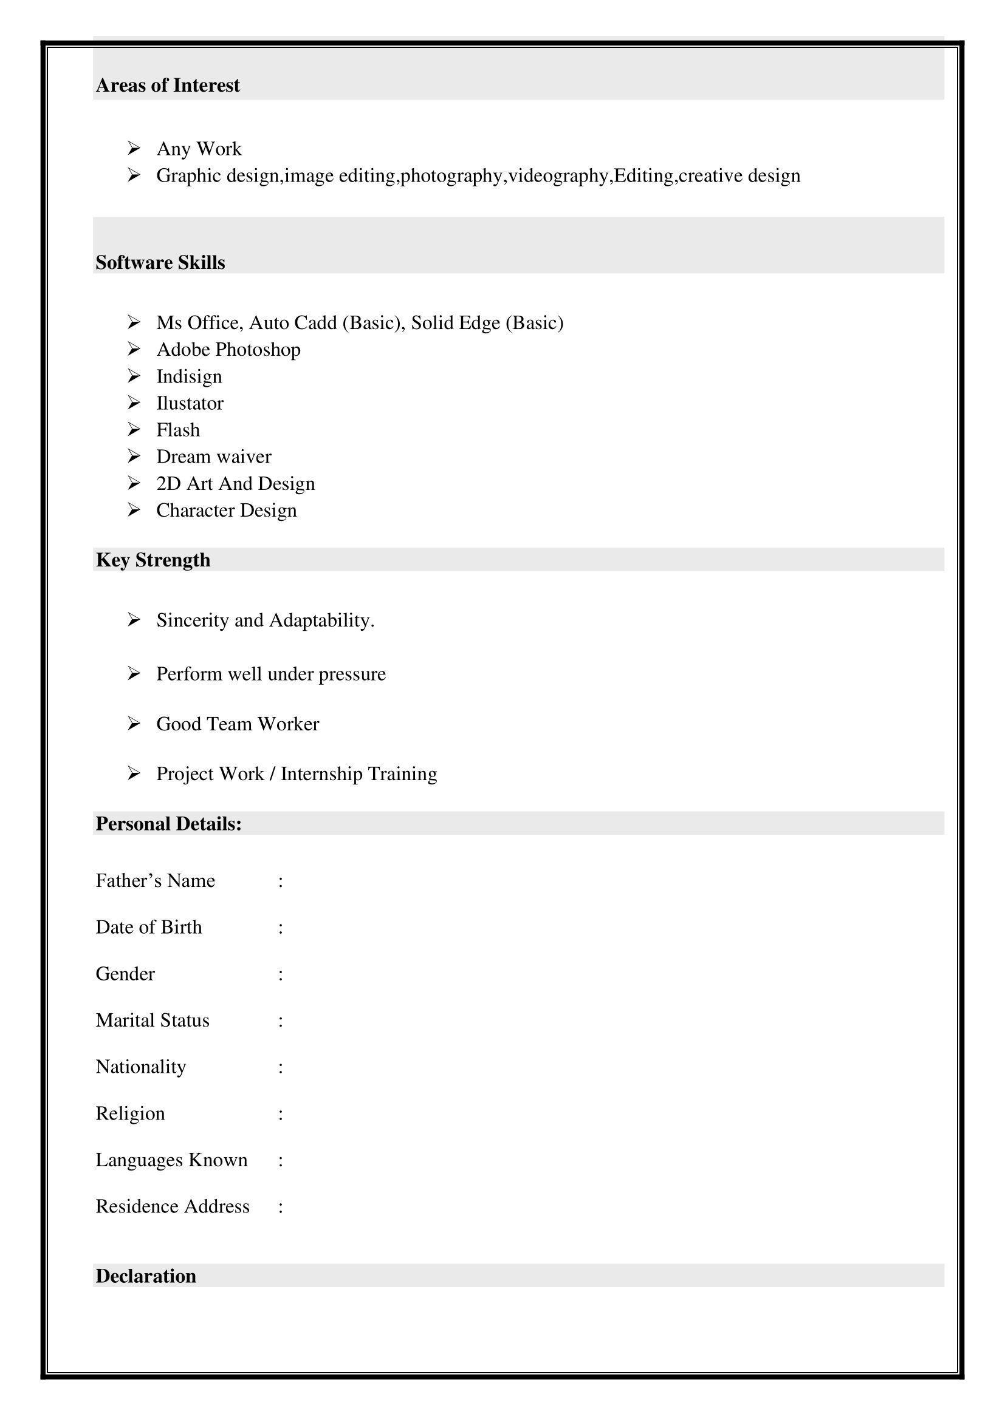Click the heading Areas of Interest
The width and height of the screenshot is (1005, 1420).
click(x=168, y=86)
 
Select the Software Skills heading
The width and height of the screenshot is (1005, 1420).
click(x=160, y=263)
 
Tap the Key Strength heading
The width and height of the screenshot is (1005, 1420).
click(x=153, y=560)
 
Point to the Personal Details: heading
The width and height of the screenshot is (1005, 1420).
click(x=168, y=824)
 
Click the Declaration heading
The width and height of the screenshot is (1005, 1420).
click(x=146, y=1276)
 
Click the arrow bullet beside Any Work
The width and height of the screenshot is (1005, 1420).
click(x=134, y=148)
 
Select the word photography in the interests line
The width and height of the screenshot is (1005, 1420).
click(x=451, y=176)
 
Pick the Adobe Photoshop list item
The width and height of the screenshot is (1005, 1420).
click(x=228, y=350)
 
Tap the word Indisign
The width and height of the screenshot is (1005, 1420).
click(x=189, y=376)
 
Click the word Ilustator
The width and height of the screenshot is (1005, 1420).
click(x=190, y=403)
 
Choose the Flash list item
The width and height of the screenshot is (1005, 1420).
click(x=177, y=430)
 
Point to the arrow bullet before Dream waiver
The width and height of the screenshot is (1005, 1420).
click(x=134, y=457)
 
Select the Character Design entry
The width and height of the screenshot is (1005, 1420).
click(x=227, y=510)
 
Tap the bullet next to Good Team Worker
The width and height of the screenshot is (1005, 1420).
click(x=134, y=724)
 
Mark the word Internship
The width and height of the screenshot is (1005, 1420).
click(x=321, y=773)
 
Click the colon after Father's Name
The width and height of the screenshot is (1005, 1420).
click(x=281, y=882)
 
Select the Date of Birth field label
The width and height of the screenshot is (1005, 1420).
click(x=148, y=927)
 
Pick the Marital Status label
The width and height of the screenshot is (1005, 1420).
click(x=153, y=1021)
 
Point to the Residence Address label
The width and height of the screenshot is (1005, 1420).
click(x=172, y=1207)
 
